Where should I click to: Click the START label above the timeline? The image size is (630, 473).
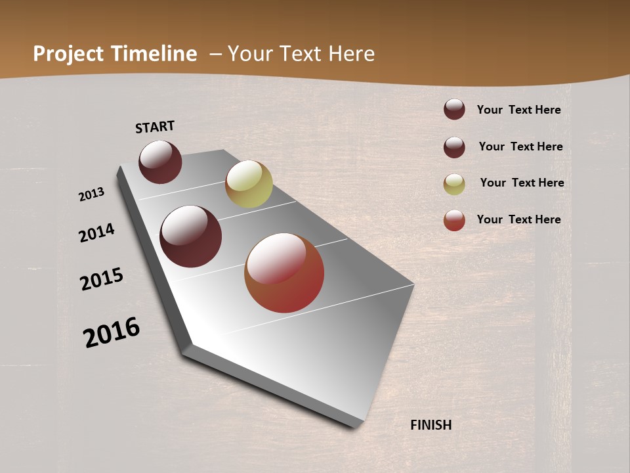point(155,126)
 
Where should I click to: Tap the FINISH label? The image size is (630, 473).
point(431,425)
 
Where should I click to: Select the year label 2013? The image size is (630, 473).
point(92,194)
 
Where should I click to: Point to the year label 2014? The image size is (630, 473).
point(97,233)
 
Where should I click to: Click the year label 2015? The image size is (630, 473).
point(102,279)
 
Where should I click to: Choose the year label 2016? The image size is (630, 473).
point(112,332)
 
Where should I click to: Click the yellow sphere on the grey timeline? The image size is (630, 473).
point(249,184)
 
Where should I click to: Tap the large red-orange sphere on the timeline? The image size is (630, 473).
point(284,273)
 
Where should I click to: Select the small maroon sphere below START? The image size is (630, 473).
point(160,162)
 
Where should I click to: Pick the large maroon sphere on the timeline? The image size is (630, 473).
point(191,236)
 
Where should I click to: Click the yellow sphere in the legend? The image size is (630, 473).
point(454,184)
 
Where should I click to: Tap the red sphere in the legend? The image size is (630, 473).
point(454,220)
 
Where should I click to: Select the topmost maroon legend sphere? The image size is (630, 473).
point(454,109)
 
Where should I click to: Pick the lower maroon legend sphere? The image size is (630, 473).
point(454,147)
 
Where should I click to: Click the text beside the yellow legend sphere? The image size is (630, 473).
point(522,183)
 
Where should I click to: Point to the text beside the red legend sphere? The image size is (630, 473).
point(518,219)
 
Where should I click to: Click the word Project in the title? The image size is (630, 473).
point(69,54)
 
